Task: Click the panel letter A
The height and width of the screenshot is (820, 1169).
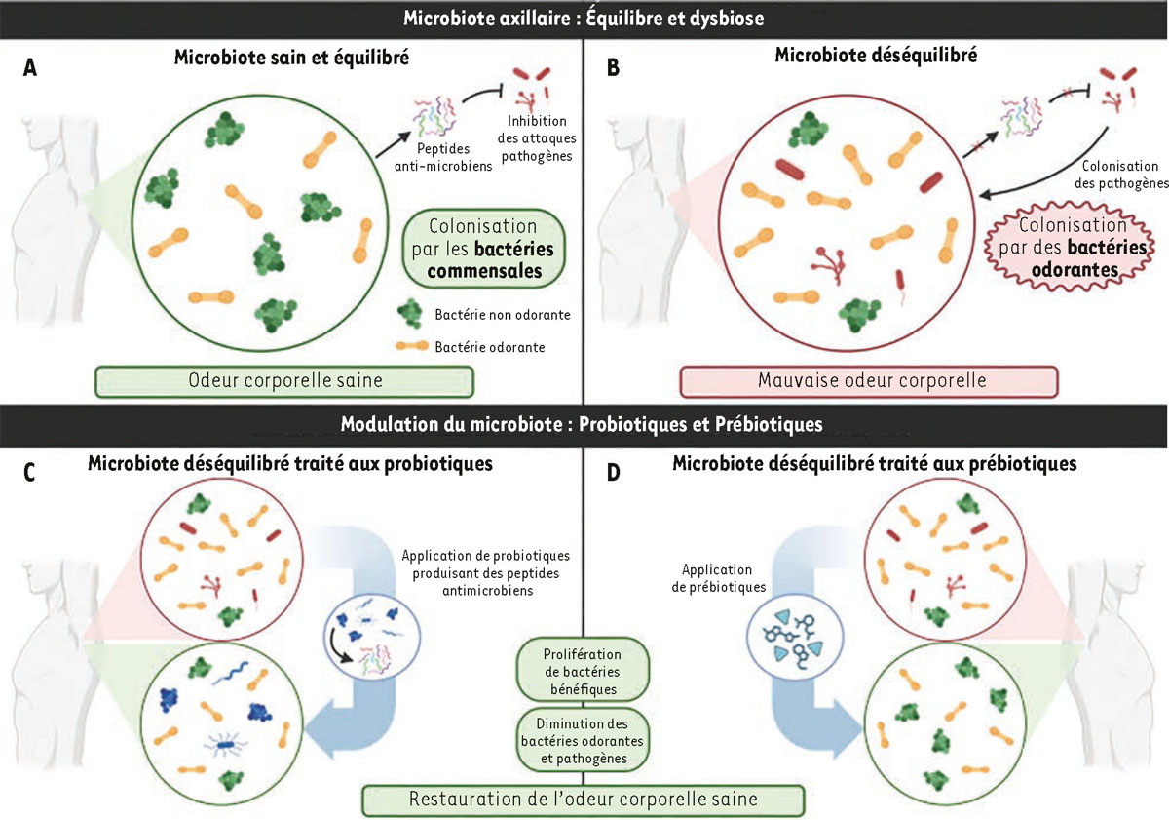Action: pyautogui.click(x=33, y=68)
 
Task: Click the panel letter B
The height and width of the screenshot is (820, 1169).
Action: pyautogui.click(x=615, y=68)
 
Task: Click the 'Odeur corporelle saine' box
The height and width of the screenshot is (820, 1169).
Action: pyautogui.click(x=283, y=381)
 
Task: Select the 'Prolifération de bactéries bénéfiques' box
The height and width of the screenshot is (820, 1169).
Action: pyautogui.click(x=584, y=670)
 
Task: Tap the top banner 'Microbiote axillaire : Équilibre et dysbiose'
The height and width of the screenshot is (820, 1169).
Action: pyautogui.click(x=584, y=17)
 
